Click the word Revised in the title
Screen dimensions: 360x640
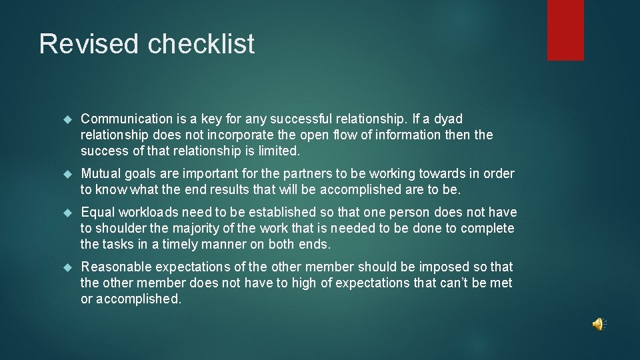point(90,44)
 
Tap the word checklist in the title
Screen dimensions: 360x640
point(201,44)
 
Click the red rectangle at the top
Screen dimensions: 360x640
point(565,30)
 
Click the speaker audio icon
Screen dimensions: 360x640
point(598,324)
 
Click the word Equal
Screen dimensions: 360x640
point(98,212)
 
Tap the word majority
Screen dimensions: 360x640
point(197,228)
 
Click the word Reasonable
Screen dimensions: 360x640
point(116,267)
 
